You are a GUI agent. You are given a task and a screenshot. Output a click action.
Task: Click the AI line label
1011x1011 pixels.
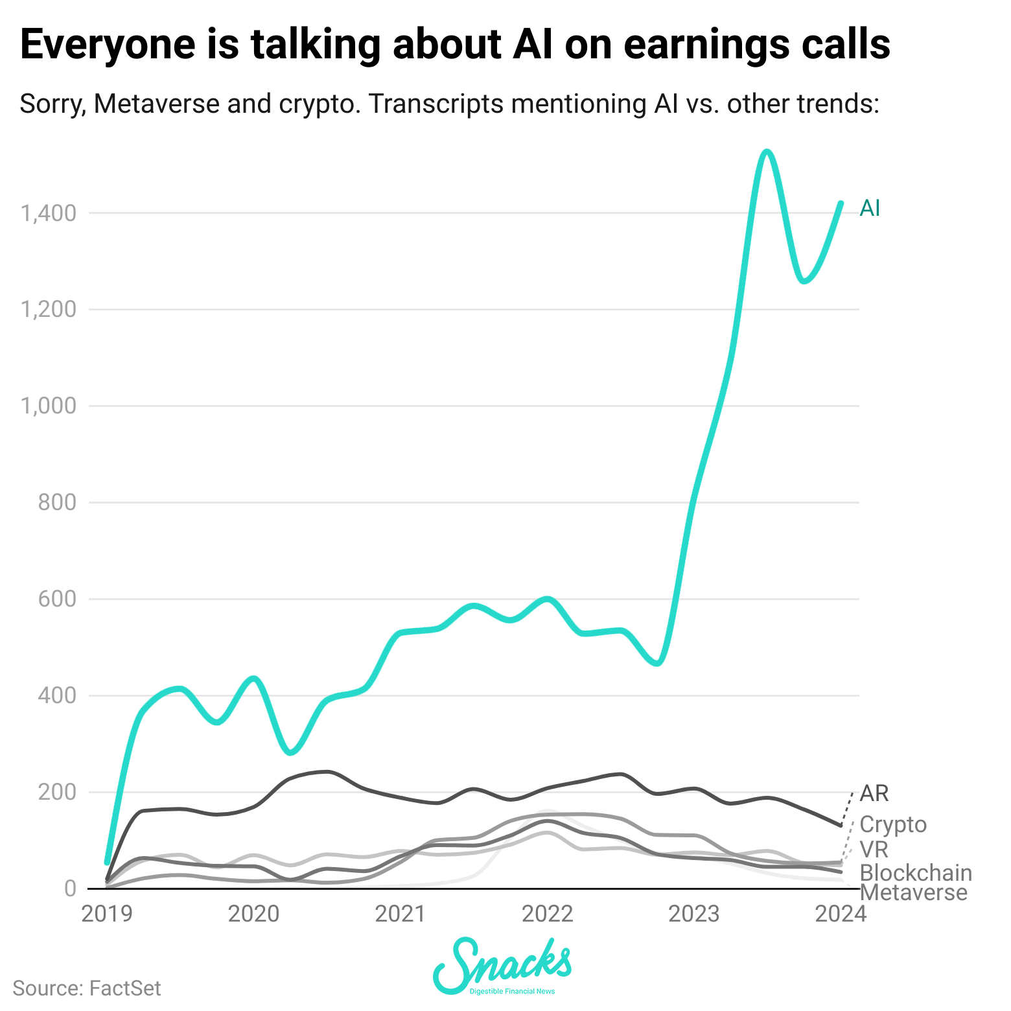click(870, 208)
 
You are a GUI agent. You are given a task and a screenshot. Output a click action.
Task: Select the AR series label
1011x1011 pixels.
click(874, 793)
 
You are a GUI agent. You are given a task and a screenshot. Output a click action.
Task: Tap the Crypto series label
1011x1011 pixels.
click(893, 824)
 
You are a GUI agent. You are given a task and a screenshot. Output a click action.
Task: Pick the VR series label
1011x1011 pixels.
click(874, 849)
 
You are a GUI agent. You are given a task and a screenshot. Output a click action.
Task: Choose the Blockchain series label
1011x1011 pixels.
click(916, 872)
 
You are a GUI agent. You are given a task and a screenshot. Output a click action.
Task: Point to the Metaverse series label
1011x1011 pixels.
click(914, 893)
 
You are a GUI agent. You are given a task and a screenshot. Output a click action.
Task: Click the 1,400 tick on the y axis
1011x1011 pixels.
click(49, 213)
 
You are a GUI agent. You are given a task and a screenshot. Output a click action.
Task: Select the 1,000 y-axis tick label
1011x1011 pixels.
click(49, 406)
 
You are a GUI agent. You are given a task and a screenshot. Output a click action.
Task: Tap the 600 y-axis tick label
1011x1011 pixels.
click(57, 599)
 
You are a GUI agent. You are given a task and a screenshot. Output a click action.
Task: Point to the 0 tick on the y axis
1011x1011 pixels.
click(69, 889)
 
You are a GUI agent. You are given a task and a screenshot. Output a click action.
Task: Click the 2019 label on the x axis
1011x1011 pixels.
click(107, 914)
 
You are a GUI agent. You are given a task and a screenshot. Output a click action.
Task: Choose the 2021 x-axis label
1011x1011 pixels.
click(400, 914)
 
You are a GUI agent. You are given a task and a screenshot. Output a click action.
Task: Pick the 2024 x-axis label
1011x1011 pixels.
click(840, 914)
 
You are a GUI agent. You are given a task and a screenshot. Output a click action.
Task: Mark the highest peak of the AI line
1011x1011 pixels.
click(767, 152)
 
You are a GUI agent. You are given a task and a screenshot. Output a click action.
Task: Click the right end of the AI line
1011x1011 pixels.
click(841, 203)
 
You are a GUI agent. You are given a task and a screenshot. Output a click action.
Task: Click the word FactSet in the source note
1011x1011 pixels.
click(125, 988)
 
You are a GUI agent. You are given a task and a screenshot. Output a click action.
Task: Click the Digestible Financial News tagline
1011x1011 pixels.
click(512, 992)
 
